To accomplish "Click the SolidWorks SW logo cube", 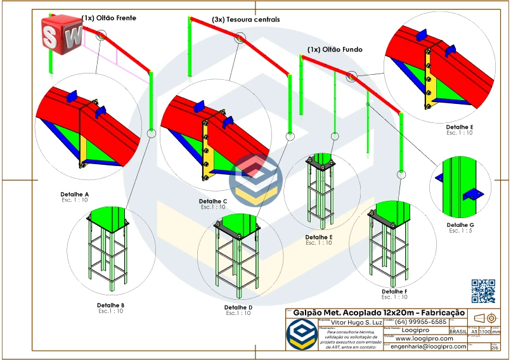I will coord(61,33).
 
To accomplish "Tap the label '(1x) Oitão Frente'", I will coord(108,18).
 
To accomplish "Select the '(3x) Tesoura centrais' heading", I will coord(246,20).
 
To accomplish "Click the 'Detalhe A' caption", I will coord(74,193).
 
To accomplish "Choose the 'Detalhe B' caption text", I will coord(110,305).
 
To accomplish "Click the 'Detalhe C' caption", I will coord(212,201).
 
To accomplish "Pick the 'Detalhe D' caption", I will coord(238,307).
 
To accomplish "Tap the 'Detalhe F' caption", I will coord(394,292).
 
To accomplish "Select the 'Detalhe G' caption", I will coord(460,225).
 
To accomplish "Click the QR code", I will coord(484,290).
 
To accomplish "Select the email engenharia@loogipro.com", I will coord(429,347).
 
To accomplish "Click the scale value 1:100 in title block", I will coord(484,331).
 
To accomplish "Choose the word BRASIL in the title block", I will coord(458,331).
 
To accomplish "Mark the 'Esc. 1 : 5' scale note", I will coord(460,231).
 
